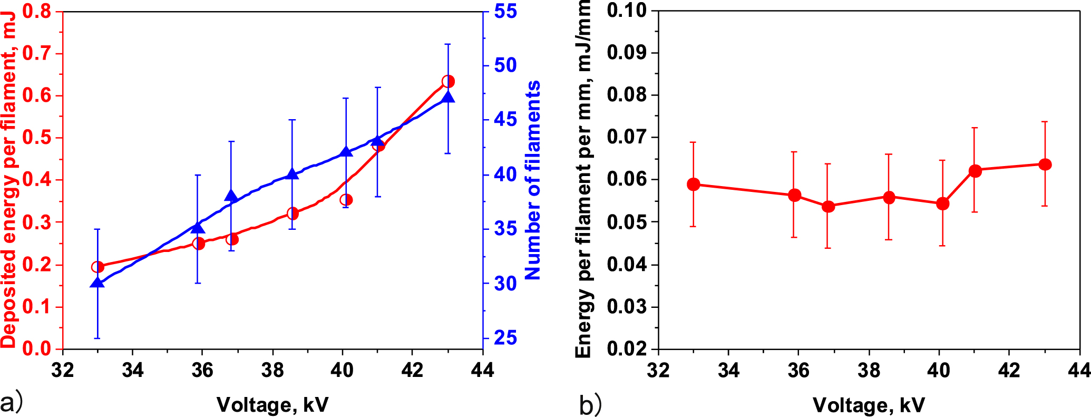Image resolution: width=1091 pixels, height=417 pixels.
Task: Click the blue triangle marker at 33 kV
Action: (97, 283)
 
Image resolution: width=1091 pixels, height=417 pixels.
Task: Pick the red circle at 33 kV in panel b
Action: (694, 184)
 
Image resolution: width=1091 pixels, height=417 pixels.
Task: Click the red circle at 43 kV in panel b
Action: (1045, 164)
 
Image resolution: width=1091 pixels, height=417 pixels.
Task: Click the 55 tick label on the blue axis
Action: (505, 11)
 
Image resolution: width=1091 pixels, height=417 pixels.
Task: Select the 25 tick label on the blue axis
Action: (505, 338)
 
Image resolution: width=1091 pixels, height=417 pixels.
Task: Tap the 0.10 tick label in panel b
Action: (627, 11)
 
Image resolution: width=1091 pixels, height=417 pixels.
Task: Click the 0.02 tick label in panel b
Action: (627, 348)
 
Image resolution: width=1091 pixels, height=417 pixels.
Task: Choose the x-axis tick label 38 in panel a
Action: (272, 370)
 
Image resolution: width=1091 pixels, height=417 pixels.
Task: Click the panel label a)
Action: (12, 403)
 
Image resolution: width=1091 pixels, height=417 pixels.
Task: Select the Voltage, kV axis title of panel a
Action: (272, 405)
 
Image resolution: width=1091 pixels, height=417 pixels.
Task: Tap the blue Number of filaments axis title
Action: (533, 180)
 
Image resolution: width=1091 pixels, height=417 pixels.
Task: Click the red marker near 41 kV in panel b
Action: (975, 170)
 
